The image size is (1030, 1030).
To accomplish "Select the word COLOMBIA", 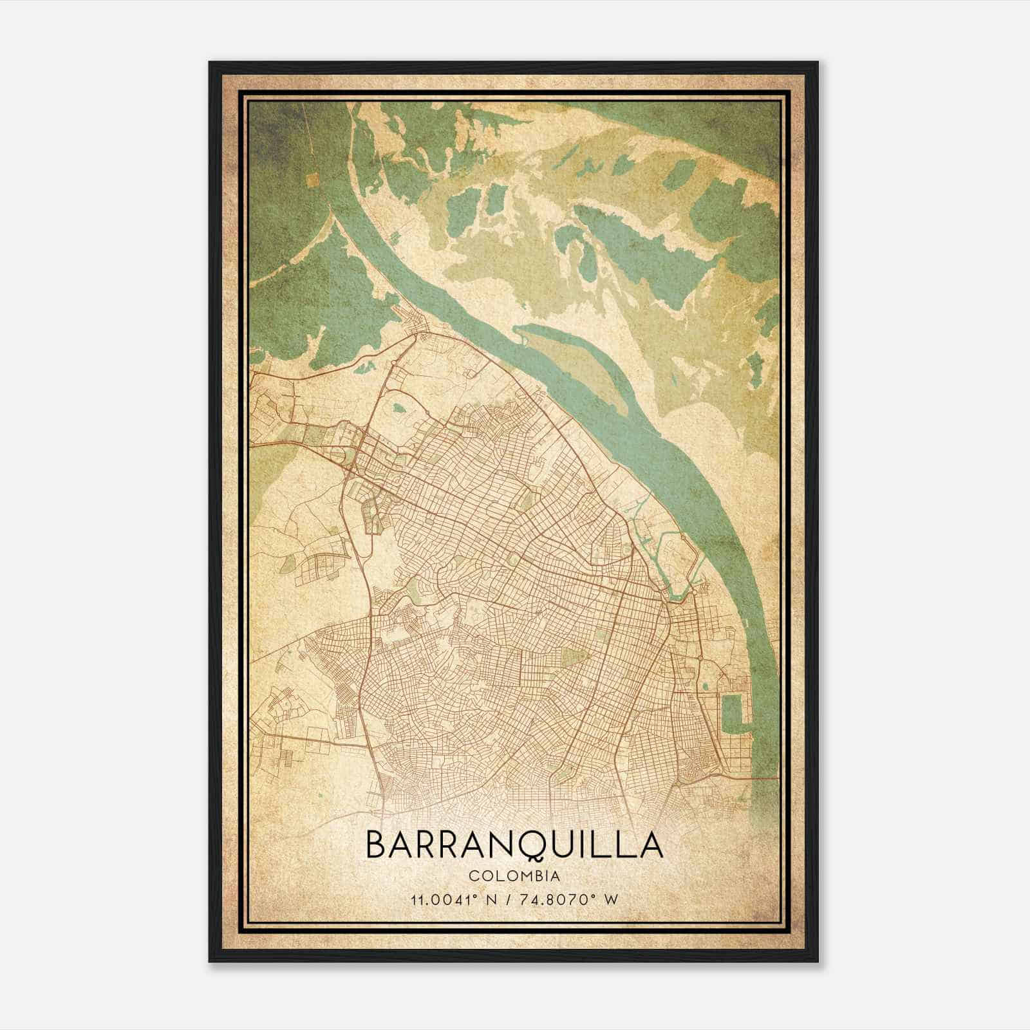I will click(514, 876).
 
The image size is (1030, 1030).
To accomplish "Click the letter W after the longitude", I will click(612, 899).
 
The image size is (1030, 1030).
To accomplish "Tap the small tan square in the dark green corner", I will click(314, 180).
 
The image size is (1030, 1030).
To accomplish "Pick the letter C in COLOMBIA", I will click(473, 876).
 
